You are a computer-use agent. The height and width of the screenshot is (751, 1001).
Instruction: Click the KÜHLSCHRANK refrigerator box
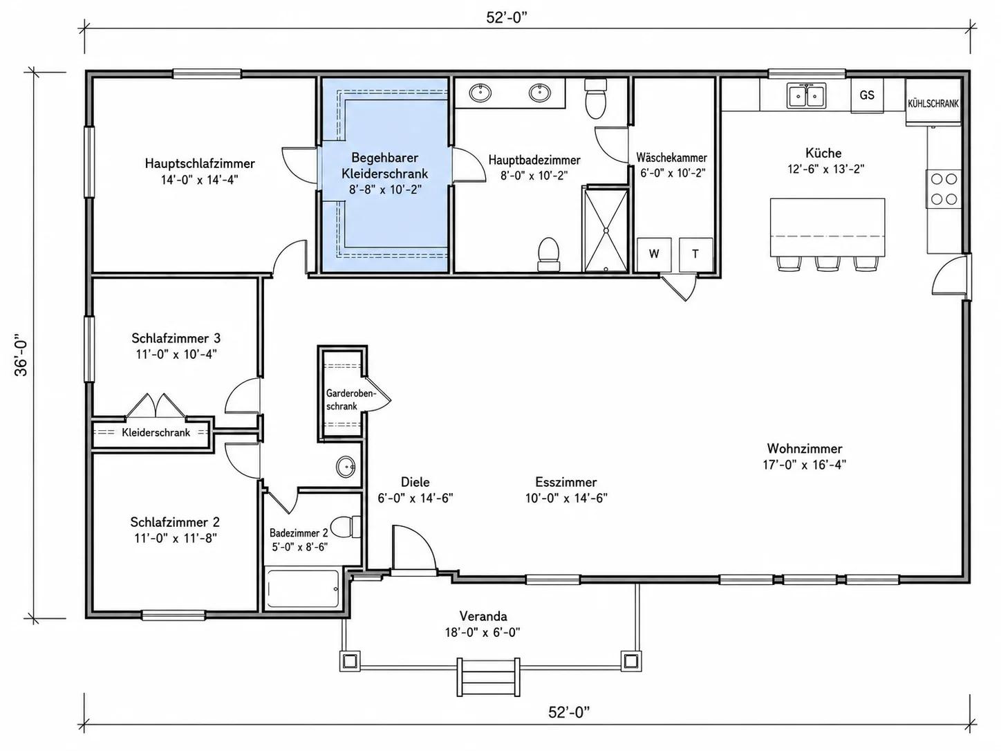click(933, 103)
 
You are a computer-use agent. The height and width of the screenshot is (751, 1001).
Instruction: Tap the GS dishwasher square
click(867, 95)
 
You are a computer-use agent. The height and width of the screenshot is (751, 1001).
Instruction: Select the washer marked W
click(654, 254)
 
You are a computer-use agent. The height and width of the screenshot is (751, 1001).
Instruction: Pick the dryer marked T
click(695, 254)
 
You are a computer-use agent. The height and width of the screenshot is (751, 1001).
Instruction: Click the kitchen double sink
click(806, 95)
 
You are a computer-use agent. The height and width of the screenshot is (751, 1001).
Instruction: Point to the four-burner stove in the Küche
click(944, 189)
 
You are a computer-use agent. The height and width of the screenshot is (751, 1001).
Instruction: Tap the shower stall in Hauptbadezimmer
click(606, 230)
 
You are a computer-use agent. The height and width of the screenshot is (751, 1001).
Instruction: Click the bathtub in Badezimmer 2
click(302, 588)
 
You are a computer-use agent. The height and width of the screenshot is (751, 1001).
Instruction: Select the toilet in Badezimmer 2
click(345, 527)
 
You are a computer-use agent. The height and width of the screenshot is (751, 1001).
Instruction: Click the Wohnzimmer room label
click(805, 448)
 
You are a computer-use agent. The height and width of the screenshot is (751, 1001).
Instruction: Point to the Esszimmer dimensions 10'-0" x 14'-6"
click(566, 498)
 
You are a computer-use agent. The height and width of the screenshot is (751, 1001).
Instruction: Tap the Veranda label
click(483, 616)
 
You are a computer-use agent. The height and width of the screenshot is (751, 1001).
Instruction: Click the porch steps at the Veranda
click(489, 677)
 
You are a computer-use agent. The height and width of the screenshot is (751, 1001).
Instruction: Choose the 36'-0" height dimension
click(21, 358)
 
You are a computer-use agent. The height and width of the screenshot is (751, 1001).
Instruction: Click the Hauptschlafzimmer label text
click(200, 163)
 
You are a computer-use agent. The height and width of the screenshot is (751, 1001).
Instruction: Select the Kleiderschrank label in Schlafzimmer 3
click(156, 432)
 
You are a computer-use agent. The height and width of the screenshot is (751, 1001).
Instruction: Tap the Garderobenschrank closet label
click(350, 400)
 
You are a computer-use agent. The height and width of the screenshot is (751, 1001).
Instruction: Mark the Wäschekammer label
click(672, 158)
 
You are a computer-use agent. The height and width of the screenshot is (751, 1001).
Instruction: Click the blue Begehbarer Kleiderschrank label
click(385, 165)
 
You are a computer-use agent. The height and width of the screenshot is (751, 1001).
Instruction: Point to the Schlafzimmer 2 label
click(175, 521)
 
